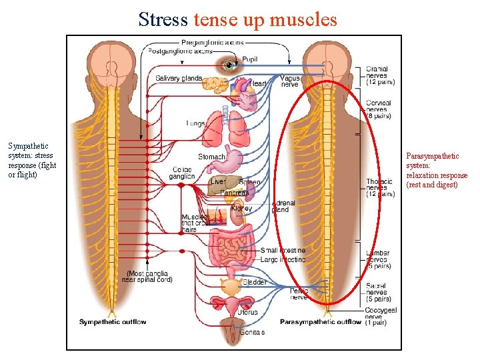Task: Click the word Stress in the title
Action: point(163,19)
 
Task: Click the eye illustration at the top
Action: point(231,65)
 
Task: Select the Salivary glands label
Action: point(179,78)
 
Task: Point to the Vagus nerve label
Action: point(290,81)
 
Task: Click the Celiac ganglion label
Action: point(182,173)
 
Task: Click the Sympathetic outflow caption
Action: point(113,322)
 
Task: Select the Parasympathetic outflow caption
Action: point(321,322)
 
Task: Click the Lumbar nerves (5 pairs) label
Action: point(378,259)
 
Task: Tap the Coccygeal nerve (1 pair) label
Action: point(381,316)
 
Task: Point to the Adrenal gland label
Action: point(283,206)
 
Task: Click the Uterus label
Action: point(247,311)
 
